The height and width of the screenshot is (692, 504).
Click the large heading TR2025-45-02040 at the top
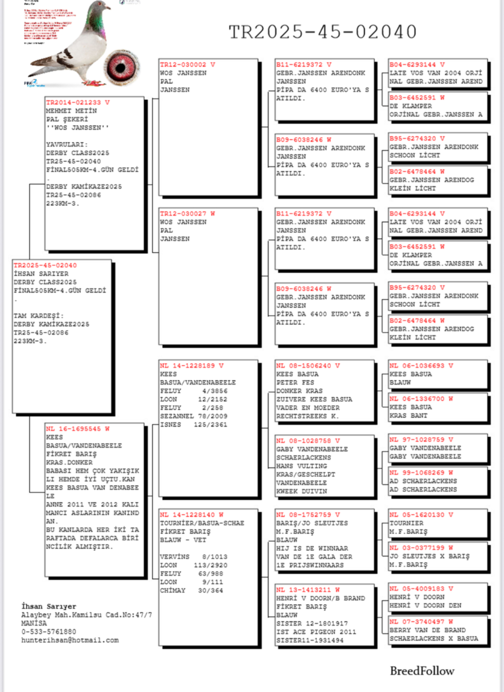coord(322,32)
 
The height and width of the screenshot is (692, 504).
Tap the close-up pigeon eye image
coord(122,67)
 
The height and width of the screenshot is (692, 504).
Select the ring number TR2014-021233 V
coord(78,103)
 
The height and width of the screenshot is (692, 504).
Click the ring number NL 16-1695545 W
coord(78,429)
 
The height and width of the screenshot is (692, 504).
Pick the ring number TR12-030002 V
coord(187,65)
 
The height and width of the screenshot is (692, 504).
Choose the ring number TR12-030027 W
coord(187,214)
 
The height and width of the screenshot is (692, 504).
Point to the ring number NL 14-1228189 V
coord(192,366)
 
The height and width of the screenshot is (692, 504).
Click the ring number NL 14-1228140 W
coord(192,515)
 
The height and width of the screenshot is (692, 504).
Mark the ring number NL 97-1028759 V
coord(421,440)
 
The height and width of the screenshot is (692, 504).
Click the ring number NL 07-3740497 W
coord(421,622)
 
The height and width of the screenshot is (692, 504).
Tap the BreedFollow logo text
coord(422,671)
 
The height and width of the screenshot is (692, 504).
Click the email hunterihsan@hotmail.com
coord(70,640)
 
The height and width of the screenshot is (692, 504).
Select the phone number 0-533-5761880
coord(49,632)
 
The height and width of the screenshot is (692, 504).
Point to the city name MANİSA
coord(34,623)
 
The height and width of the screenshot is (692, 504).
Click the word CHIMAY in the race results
coord(173,591)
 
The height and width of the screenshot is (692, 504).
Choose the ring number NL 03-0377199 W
coord(421,548)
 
